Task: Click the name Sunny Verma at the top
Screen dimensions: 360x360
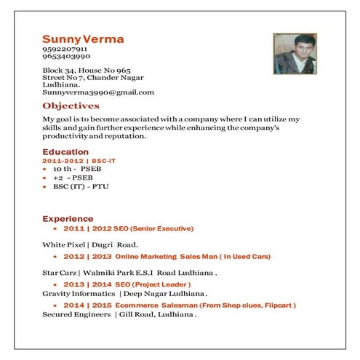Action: [x=83, y=39]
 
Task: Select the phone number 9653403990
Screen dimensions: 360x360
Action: [x=66, y=57]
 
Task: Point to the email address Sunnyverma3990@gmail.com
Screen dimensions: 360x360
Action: [x=98, y=92]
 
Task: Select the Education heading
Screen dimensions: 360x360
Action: [x=65, y=152]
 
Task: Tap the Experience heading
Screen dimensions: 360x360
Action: [x=68, y=218]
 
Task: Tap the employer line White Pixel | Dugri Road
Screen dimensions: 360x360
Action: [x=89, y=244]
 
